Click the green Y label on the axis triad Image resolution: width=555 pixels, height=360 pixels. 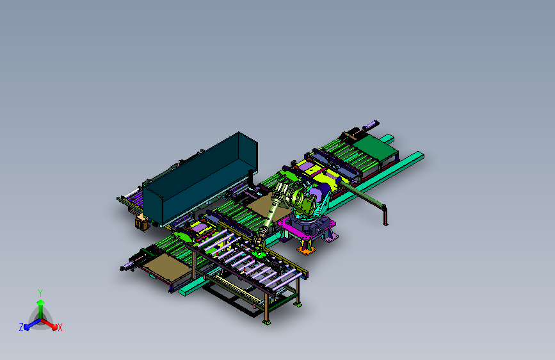click(40, 293)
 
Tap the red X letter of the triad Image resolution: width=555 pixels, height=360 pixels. click(60, 328)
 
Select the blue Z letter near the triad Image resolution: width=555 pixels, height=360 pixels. click(21, 327)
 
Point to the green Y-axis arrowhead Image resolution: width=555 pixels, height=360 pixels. click(41, 302)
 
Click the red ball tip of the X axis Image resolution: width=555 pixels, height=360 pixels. click(54, 327)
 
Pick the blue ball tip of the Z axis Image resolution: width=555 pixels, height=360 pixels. click(27, 327)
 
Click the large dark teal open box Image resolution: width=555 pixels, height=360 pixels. click(200, 179)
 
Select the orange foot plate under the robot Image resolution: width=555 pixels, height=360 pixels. click(306, 250)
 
